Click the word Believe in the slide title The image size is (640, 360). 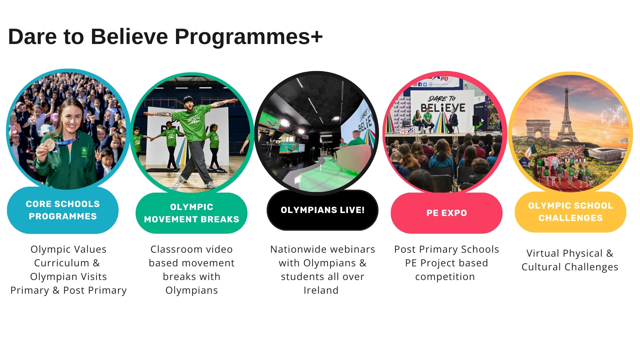coord(129,36)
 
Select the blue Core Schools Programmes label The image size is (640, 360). coord(63,210)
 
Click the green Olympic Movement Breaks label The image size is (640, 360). coord(192,213)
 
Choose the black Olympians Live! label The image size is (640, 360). coord(322,210)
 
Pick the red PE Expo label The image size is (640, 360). coord(447,213)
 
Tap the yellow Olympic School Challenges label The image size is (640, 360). coord(570,212)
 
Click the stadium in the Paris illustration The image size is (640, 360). coord(605,154)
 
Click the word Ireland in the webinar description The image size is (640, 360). coord(321,290)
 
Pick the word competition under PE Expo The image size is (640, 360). coord(445,277)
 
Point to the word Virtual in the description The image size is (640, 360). coord(543,253)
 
